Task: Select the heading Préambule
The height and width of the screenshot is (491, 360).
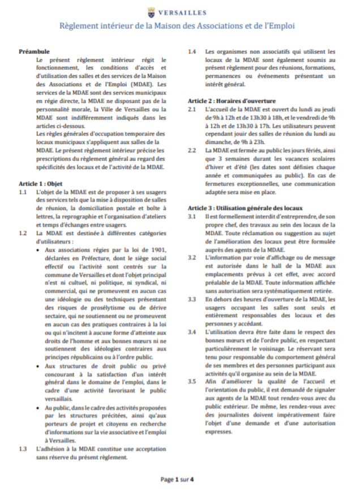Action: point(35,52)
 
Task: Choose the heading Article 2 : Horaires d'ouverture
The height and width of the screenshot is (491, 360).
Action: point(225,100)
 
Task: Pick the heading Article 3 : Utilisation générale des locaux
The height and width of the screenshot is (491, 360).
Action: point(246,208)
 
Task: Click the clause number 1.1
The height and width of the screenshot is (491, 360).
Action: point(23,193)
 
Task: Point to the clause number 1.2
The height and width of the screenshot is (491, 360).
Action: point(23,233)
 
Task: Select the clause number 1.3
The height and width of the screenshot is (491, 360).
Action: point(23,449)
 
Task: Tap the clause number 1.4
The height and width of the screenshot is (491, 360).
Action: point(192,52)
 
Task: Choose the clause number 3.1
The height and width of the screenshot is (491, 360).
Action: point(192,216)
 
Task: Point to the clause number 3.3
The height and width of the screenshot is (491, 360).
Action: point(192,299)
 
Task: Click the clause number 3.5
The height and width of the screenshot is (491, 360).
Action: point(192,382)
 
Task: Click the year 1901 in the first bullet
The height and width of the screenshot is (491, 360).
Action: point(158,250)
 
